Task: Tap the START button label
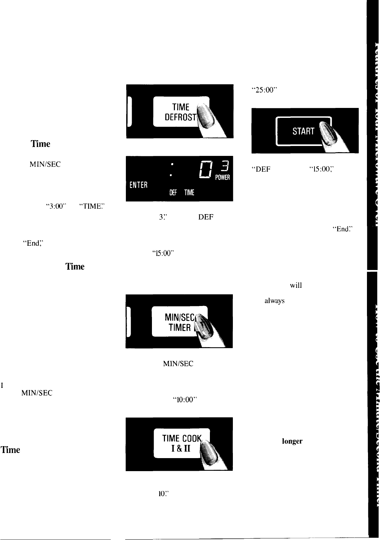point(303,131)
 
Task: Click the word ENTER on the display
point(138,185)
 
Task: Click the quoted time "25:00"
point(264,90)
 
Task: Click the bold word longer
point(292,441)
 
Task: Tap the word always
point(274,301)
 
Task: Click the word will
point(296,285)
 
